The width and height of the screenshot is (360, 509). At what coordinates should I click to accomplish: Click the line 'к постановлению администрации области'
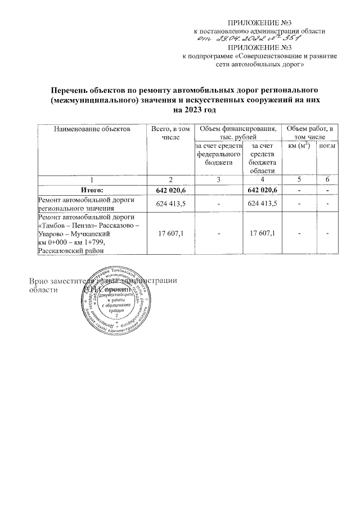[259, 30]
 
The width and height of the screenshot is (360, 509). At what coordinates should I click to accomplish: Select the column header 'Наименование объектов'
[91, 129]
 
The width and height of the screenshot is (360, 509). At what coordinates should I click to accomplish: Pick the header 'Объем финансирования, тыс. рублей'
[238, 133]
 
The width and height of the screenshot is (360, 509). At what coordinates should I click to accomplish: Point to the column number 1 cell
[91, 179]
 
